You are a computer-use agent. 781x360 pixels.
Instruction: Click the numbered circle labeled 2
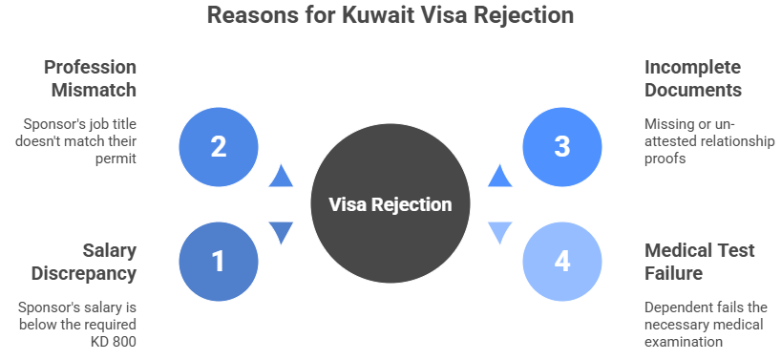[x=218, y=147]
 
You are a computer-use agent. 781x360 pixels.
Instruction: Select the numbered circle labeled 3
[x=562, y=147]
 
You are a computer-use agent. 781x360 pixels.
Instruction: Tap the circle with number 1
[x=218, y=261]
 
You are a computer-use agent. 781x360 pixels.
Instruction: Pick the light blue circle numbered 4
[x=562, y=261]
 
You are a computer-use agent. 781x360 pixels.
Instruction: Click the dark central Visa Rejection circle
[x=390, y=204]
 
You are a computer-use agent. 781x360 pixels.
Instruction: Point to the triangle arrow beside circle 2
[x=280, y=175]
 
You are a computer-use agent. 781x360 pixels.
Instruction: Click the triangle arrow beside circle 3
[x=500, y=175]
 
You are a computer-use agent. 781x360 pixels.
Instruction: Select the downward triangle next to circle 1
[x=280, y=233]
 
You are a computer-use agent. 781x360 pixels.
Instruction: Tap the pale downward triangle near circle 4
[x=500, y=233]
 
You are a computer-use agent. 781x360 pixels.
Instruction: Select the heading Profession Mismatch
[x=90, y=80]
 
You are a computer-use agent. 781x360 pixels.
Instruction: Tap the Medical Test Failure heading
[x=700, y=262]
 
